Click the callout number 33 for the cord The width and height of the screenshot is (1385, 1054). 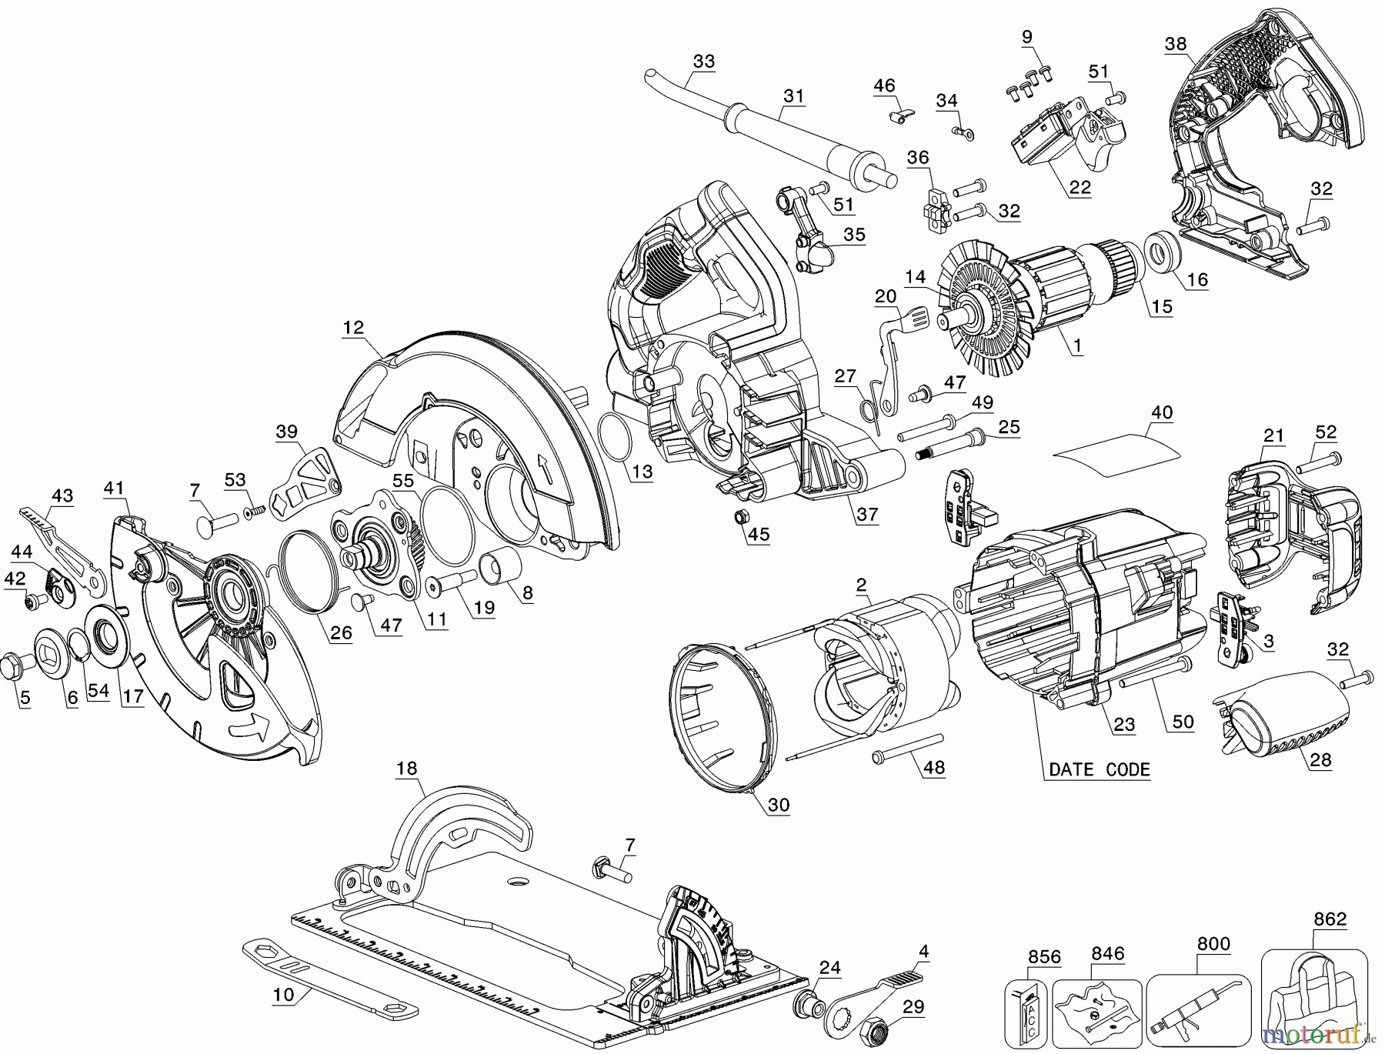703,61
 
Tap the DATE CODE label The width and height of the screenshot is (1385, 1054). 1099,769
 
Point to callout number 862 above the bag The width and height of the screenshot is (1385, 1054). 1330,919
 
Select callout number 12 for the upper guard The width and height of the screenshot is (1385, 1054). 353,328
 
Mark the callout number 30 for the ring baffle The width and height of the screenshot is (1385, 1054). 778,805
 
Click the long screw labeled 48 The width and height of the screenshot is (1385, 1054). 908,748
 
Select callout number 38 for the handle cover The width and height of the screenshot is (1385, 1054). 1175,44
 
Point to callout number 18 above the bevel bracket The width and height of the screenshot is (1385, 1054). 407,768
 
